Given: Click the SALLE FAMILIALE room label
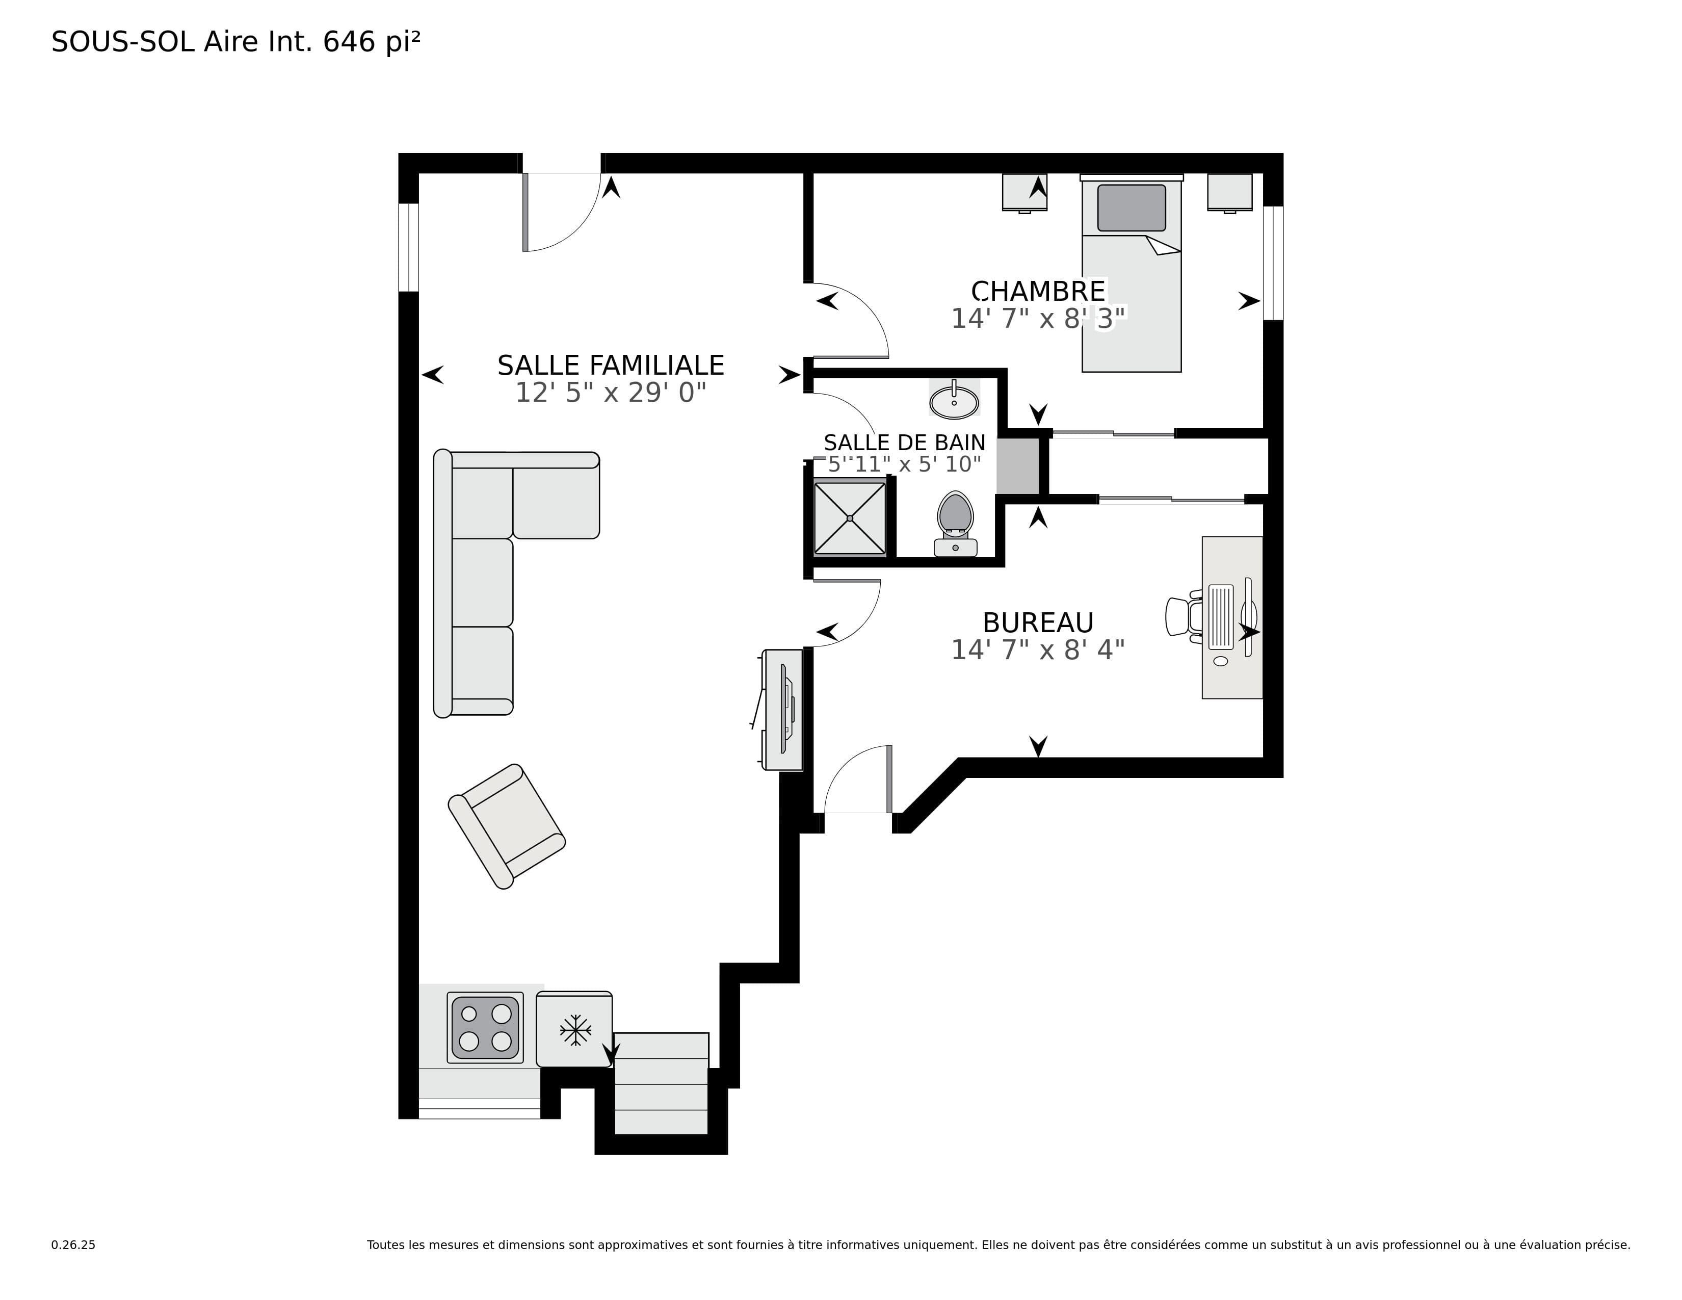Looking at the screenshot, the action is coord(611,365).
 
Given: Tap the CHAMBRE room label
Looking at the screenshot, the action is coord(1038,291).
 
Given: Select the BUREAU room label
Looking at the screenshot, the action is coord(1038,622).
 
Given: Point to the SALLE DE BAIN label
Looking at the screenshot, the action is coord(904,443).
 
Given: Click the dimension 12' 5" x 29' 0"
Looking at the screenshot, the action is coord(611,393).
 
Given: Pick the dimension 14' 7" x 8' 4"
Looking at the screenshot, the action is coord(1038,650).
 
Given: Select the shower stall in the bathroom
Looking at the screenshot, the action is coord(850,517).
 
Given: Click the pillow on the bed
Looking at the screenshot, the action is coord(1132,208).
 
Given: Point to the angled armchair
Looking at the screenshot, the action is coord(507,826).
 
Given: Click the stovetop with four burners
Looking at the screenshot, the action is coord(485,1027).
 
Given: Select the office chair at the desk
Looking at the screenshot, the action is coord(1184,616).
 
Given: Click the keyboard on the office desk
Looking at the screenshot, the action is coord(1221,616).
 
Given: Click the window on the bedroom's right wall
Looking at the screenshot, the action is coord(1273,263).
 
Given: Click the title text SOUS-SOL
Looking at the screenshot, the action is coord(122,42).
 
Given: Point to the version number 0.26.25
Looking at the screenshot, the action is coord(73,1244).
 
